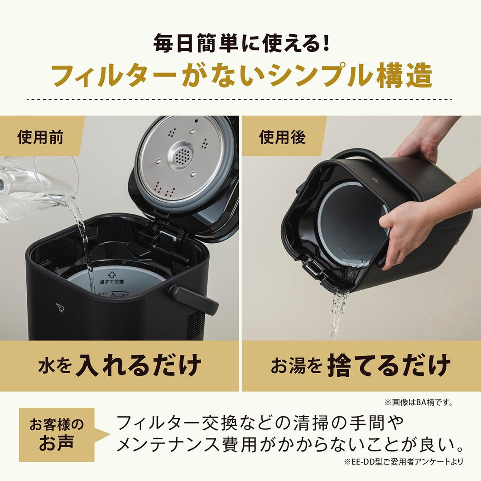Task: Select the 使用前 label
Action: pyautogui.click(x=40, y=137)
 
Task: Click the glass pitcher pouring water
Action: pyautogui.click(x=36, y=187)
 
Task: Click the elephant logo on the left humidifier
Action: pyautogui.click(x=60, y=307)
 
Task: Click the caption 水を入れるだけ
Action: pyautogui.click(x=119, y=366)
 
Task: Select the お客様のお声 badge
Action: pyautogui.click(x=57, y=434)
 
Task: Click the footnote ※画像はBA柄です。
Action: pyautogui.click(x=419, y=403)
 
